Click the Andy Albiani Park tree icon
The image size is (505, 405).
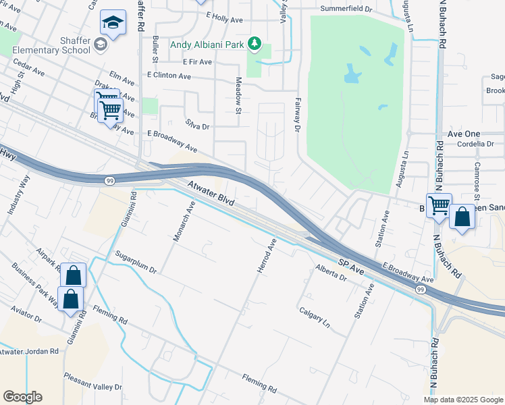[255, 45]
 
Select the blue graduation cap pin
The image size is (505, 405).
[113, 23]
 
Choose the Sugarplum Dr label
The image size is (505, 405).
[136, 261]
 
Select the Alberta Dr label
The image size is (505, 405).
[330, 273]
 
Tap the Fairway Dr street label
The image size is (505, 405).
[296, 114]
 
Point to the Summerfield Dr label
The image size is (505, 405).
[346, 9]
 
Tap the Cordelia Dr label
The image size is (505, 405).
[475, 144]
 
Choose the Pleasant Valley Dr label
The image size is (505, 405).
[92, 382]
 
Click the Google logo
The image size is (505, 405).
[22, 397]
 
